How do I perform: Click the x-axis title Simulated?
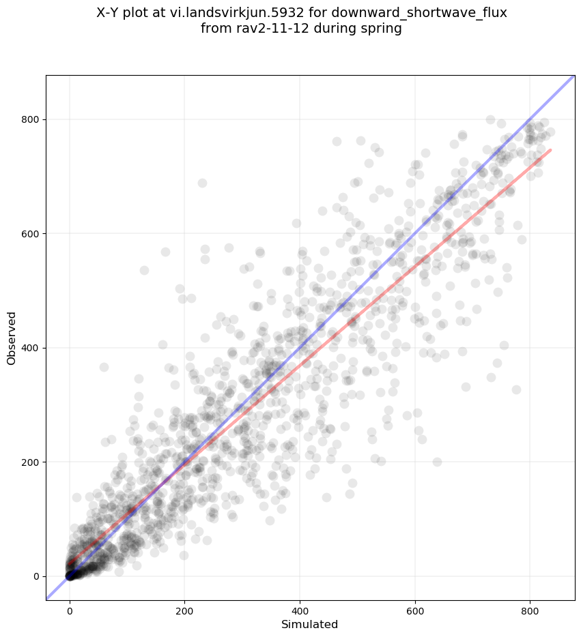[x=310, y=624]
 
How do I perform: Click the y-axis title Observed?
[x=12, y=338]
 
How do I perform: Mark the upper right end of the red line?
[x=550, y=150]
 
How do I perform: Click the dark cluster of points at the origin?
[x=70, y=576]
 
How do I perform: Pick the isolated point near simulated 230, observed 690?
[x=202, y=183]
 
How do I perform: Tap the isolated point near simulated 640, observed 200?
[x=437, y=462]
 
